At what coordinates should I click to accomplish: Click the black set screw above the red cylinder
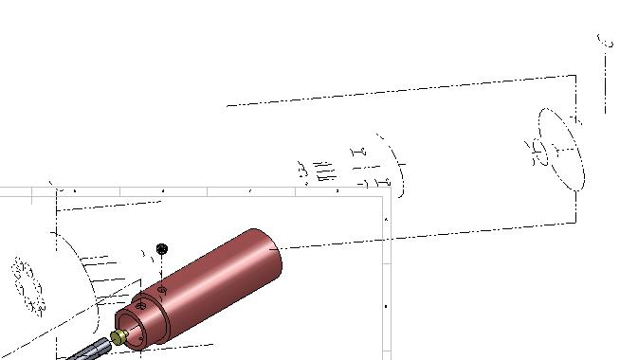coord(161,248)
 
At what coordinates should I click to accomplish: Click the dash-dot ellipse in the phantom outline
coord(561,150)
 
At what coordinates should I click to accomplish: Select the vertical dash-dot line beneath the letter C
coord(605,85)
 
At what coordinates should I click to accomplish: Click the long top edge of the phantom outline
coord(398,91)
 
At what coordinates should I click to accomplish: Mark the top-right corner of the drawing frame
coord(392,194)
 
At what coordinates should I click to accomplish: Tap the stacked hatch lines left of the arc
coord(324,171)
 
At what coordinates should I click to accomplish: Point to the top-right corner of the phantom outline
coord(574,76)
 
